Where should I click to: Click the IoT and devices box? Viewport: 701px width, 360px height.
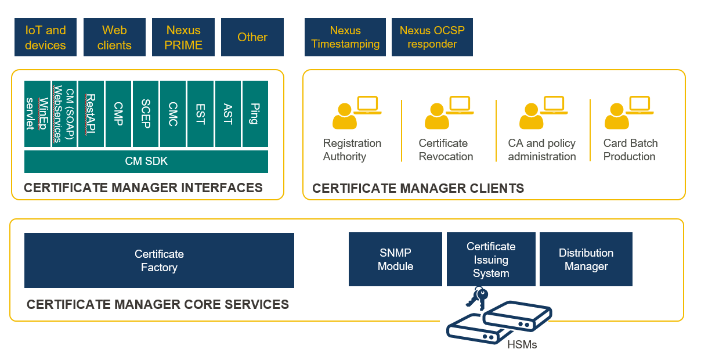[45, 37]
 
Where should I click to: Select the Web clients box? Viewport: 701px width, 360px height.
[114, 37]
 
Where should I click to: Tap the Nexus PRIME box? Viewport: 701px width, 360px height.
[183, 37]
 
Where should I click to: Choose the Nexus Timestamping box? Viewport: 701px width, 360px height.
[345, 37]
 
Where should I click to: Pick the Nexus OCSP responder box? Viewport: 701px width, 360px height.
[432, 37]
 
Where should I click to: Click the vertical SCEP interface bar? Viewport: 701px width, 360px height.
[146, 114]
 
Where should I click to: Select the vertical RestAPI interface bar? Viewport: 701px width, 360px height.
[91, 114]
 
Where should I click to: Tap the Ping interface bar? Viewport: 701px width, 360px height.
[255, 114]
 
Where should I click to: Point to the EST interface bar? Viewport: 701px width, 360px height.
[200, 114]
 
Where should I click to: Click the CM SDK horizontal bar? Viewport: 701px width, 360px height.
[146, 161]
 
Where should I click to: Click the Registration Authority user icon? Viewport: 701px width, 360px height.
[345, 116]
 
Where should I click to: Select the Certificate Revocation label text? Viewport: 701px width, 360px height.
[446, 150]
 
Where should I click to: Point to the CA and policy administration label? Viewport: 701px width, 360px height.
[542, 150]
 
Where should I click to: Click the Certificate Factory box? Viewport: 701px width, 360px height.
[159, 260]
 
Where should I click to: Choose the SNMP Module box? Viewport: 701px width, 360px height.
[395, 259]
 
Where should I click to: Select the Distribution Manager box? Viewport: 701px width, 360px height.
[586, 259]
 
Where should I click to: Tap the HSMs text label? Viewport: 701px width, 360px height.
[522, 345]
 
